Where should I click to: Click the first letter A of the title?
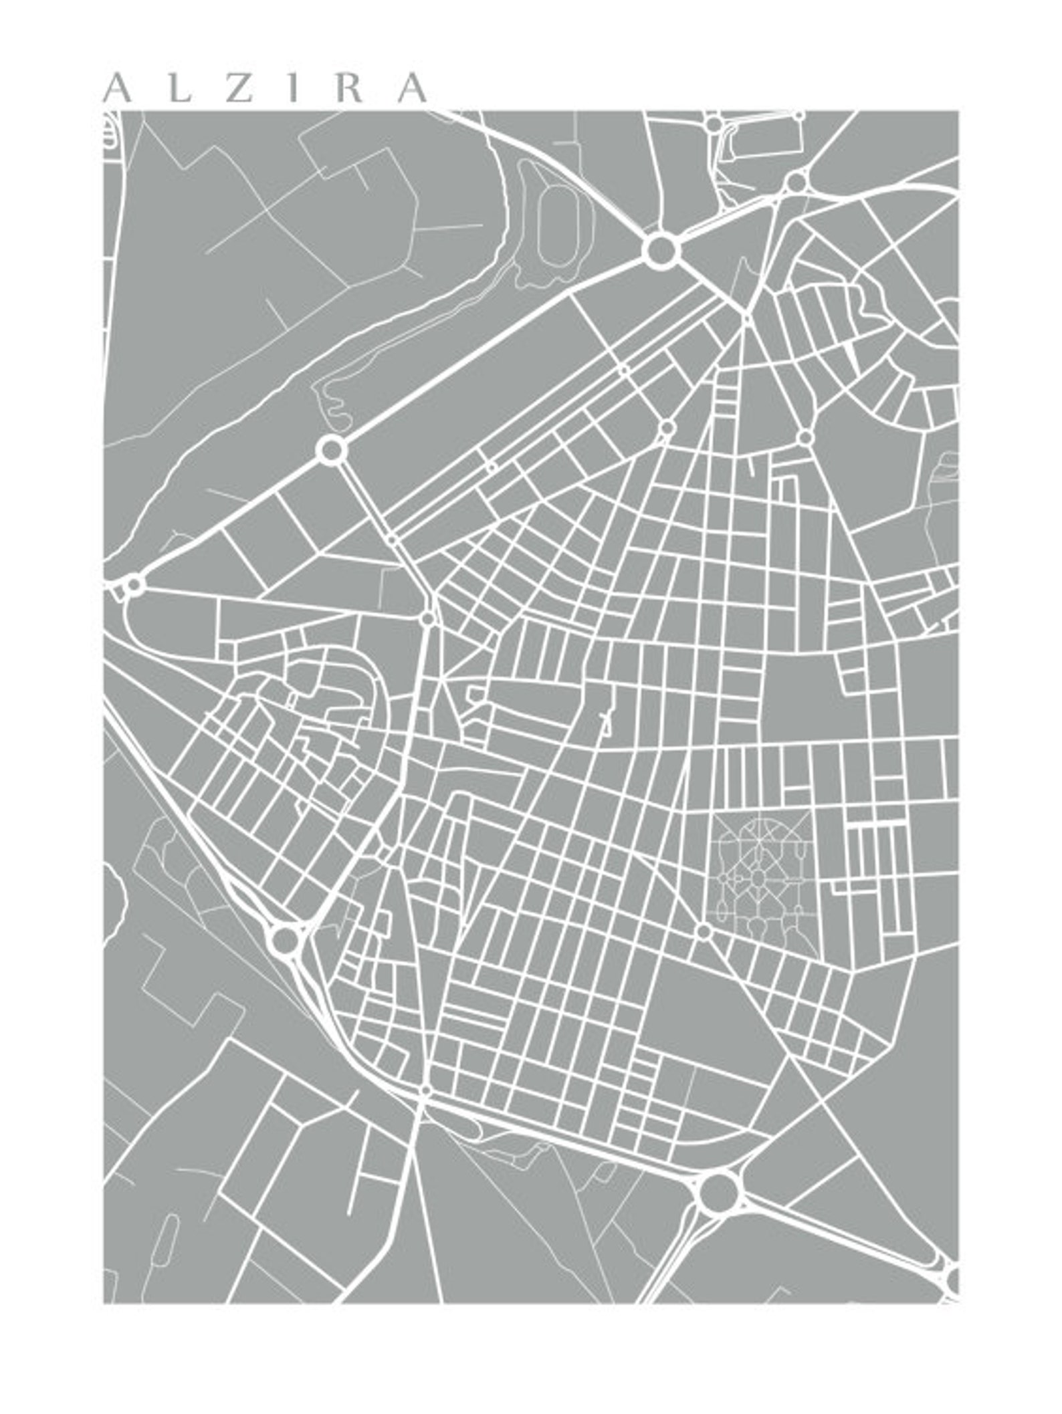point(118,88)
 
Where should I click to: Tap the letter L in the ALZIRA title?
point(178,88)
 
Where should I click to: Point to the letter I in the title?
point(292,88)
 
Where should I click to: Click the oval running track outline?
point(557,225)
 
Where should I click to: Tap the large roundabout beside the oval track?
point(662,251)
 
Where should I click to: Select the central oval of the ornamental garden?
point(758,877)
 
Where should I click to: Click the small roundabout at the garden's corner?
point(704,931)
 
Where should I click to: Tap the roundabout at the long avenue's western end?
point(134,585)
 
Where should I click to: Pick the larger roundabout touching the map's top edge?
point(714,124)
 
